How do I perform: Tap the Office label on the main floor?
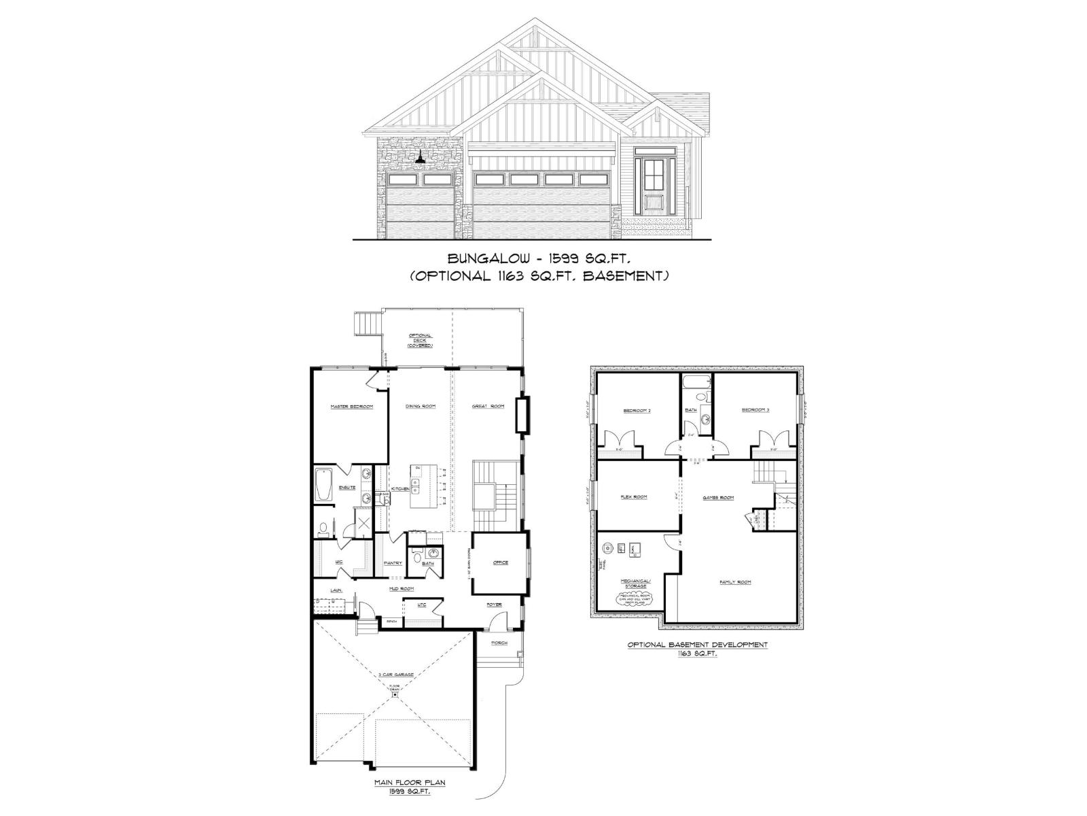point(501,562)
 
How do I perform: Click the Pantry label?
point(393,563)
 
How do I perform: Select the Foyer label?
point(494,605)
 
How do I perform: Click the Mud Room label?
point(397,589)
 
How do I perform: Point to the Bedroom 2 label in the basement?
point(637,411)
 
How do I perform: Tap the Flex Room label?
point(634,496)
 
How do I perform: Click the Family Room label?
point(735,582)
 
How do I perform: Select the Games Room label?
point(718,498)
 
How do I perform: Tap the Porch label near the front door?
point(499,643)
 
